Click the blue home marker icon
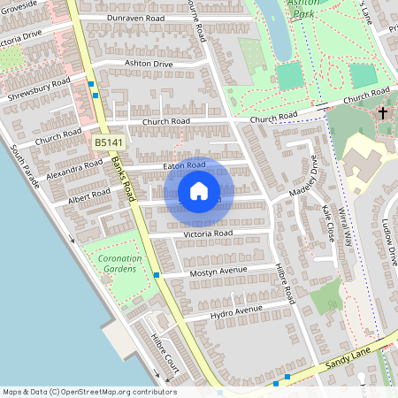199,191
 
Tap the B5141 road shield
110,142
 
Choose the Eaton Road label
185,165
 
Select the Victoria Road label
208,233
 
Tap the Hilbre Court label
165,354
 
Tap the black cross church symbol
383,113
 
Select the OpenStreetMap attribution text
89,392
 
